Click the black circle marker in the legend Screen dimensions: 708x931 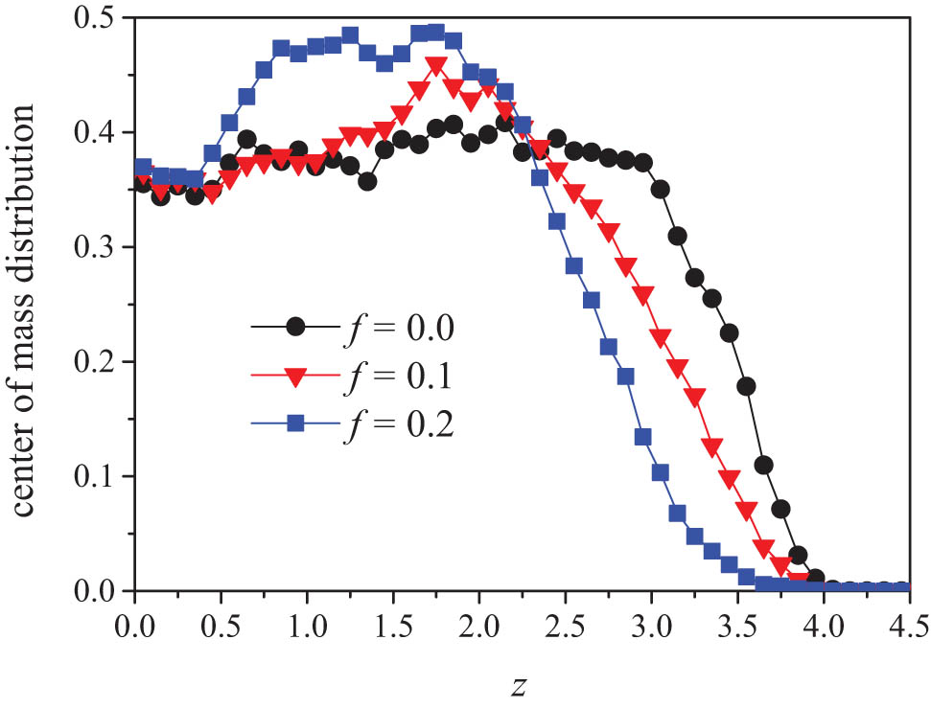click(x=296, y=327)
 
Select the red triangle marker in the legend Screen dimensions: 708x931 click(x=296, y=377)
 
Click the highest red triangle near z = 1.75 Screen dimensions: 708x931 click(x=436, y=67)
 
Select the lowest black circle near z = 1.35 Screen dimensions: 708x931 click(x=367, y=181)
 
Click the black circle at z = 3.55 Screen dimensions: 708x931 click(x=746, y=386)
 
